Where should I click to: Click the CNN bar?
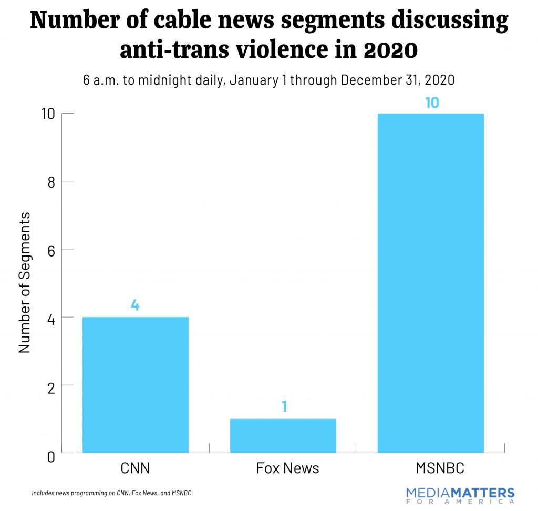136,384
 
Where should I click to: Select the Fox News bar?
283,435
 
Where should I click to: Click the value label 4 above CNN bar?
135,305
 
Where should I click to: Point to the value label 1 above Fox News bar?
284,406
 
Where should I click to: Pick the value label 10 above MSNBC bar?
431,102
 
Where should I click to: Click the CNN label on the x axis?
135,468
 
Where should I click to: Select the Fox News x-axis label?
287,468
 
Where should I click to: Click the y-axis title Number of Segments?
25,283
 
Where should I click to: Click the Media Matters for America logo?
460,495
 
